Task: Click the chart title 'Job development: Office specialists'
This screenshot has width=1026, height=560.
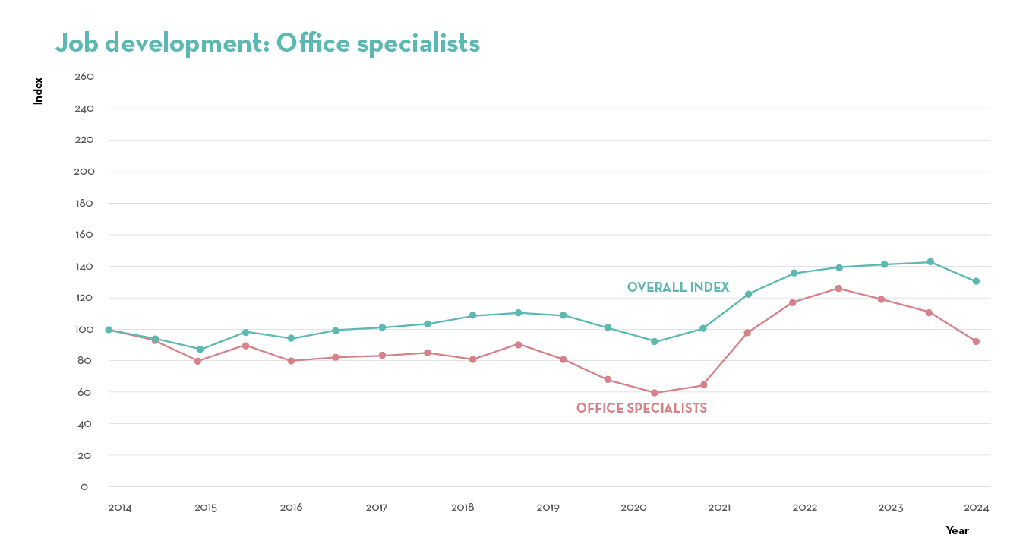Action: coord(267,43)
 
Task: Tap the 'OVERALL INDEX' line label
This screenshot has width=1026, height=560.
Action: coord(677,287)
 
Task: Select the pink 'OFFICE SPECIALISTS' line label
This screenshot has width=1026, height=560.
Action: coord(641,408)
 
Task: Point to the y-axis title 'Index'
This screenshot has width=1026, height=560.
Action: coord(38,91)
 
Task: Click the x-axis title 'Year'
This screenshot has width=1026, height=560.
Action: coord(957,530)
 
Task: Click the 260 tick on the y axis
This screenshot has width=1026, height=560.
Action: coord(84,77)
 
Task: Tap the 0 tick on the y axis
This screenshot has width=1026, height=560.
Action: coord(84,487)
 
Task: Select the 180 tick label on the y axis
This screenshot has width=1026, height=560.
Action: coord(84,203)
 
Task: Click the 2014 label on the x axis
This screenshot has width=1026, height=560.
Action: coord(120,507)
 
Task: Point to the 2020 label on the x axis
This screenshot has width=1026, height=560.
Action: coord(633,507)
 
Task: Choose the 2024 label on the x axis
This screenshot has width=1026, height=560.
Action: coord(977,507)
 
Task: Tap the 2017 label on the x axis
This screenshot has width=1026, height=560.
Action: coord(377,507)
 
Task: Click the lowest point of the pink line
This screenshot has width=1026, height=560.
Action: coord(655,393)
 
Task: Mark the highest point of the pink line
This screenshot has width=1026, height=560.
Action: coord(838,288)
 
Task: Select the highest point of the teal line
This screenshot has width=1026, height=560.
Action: coord(930,262)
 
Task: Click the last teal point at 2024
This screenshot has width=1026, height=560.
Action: coord(976,281)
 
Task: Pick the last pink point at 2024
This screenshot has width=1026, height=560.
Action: coord(976,341)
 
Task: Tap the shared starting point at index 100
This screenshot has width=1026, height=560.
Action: coord(109,330)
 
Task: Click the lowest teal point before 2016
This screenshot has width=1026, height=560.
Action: coord(200,350)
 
